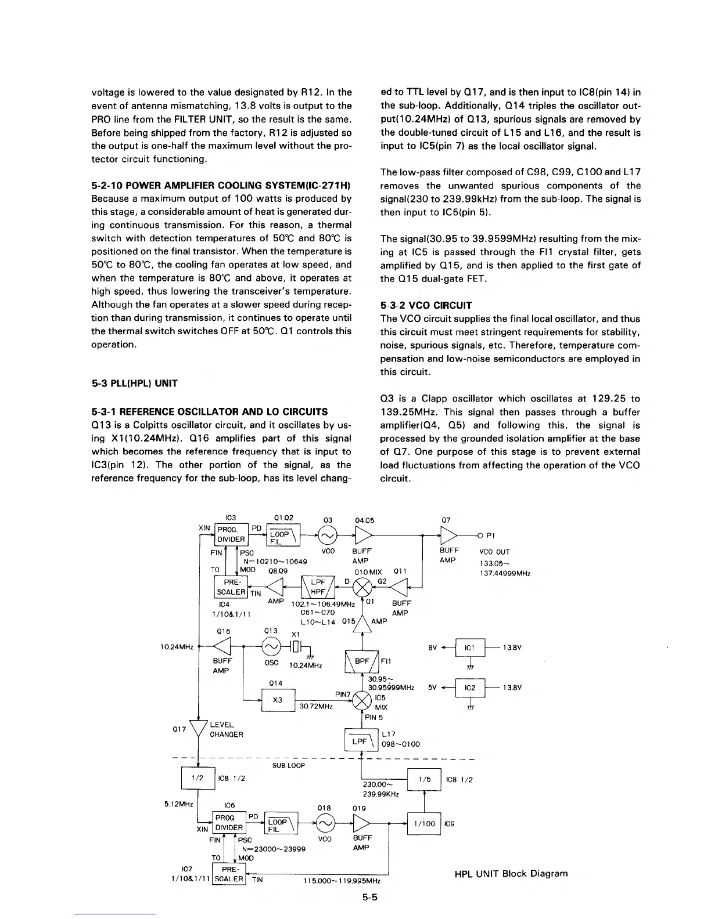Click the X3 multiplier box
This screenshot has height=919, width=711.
coord(278,700)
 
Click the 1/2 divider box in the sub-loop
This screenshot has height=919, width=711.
coord(198,779)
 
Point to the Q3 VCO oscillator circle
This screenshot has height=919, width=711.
coord(327,534)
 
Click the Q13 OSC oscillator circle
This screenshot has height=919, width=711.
coord(271,646)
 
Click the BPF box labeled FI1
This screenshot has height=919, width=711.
coord(362,661)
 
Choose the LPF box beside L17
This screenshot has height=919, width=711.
coord(361,741)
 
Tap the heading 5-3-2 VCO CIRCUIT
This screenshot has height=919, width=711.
coord(426,305)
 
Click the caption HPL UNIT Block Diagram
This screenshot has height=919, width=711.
coord(511,873)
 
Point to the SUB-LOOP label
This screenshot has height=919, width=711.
coord(288,765)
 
